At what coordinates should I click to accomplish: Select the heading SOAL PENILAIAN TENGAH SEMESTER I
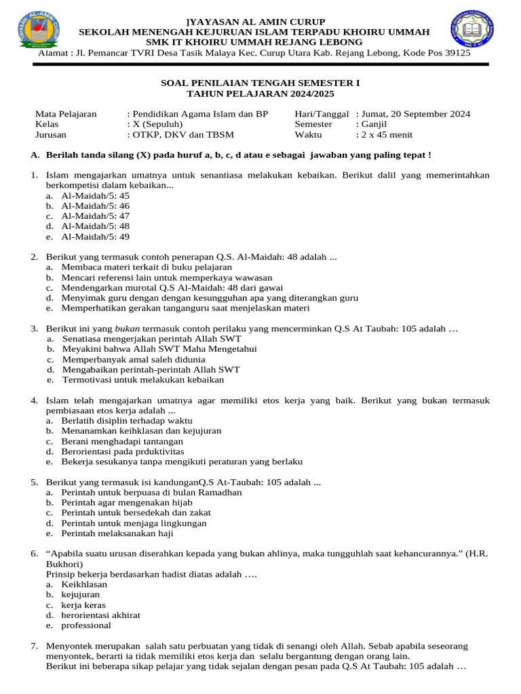260,83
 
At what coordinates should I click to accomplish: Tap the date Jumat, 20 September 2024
416,114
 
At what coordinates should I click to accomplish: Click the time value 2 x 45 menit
388,135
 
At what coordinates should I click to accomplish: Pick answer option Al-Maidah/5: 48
95,226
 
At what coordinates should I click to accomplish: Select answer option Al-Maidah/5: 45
95,195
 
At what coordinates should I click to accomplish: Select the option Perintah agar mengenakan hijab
128,503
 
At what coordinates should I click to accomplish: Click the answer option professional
86,626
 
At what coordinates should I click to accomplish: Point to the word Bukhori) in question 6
64,564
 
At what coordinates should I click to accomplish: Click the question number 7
34,646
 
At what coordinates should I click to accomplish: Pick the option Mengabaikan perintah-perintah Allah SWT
151,369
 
